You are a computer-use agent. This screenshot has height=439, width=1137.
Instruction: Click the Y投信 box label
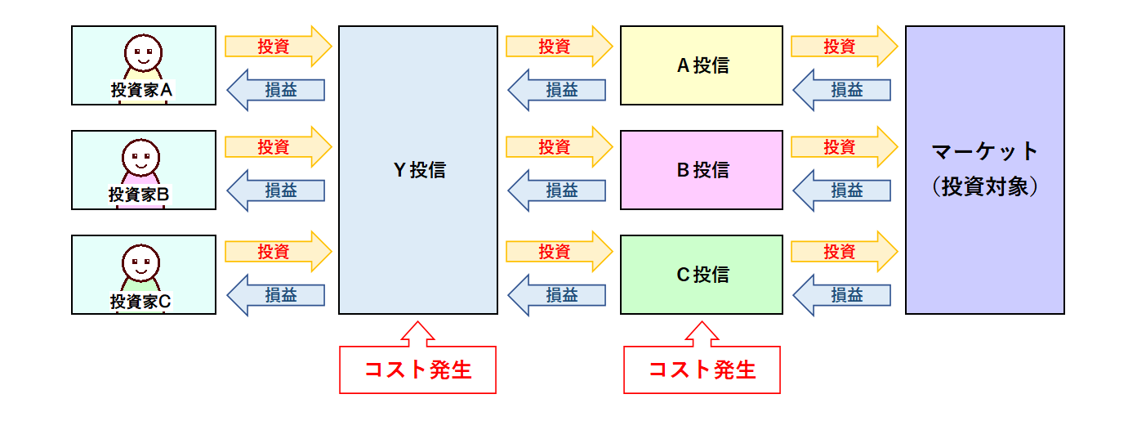click(x=419, y=170)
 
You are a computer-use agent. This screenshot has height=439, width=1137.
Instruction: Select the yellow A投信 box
click(x=702, y=65)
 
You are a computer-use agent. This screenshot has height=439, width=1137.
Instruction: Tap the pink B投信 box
click(x=702, y=170)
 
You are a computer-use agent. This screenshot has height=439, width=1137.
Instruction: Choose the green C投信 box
click(x=702, y=275)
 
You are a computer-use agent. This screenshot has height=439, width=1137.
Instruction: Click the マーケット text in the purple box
click(x=985, y=151)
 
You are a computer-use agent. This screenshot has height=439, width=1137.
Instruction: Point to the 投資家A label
click(x=141, y=90)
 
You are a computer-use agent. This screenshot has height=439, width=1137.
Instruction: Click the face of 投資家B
click(x=141, y=158)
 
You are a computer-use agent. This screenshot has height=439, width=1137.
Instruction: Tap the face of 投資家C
click(x=141, y=262)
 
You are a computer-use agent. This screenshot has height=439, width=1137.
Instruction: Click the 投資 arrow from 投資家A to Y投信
click(x=279, y=47)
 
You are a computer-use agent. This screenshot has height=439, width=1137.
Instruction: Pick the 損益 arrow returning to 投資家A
click(x=275, y=90)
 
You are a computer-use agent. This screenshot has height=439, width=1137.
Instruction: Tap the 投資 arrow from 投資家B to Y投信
click(x=279, y=147)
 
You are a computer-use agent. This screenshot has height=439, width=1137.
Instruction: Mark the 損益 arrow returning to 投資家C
click(x=275, y=295)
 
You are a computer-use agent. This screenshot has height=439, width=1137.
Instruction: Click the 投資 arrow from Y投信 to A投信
click(x=560, y=47)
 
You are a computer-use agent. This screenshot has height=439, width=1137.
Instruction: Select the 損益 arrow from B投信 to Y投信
click(x=557, y=190)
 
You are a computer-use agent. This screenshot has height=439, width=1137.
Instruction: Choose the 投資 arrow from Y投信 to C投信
click(x=560, y=252)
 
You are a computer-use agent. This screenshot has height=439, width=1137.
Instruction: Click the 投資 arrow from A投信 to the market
click(x=845, y=47)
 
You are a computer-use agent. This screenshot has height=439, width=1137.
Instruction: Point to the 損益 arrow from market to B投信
click(x=841, y=190)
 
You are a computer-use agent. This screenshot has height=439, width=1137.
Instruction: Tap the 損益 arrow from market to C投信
click(x=841, y=295)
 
